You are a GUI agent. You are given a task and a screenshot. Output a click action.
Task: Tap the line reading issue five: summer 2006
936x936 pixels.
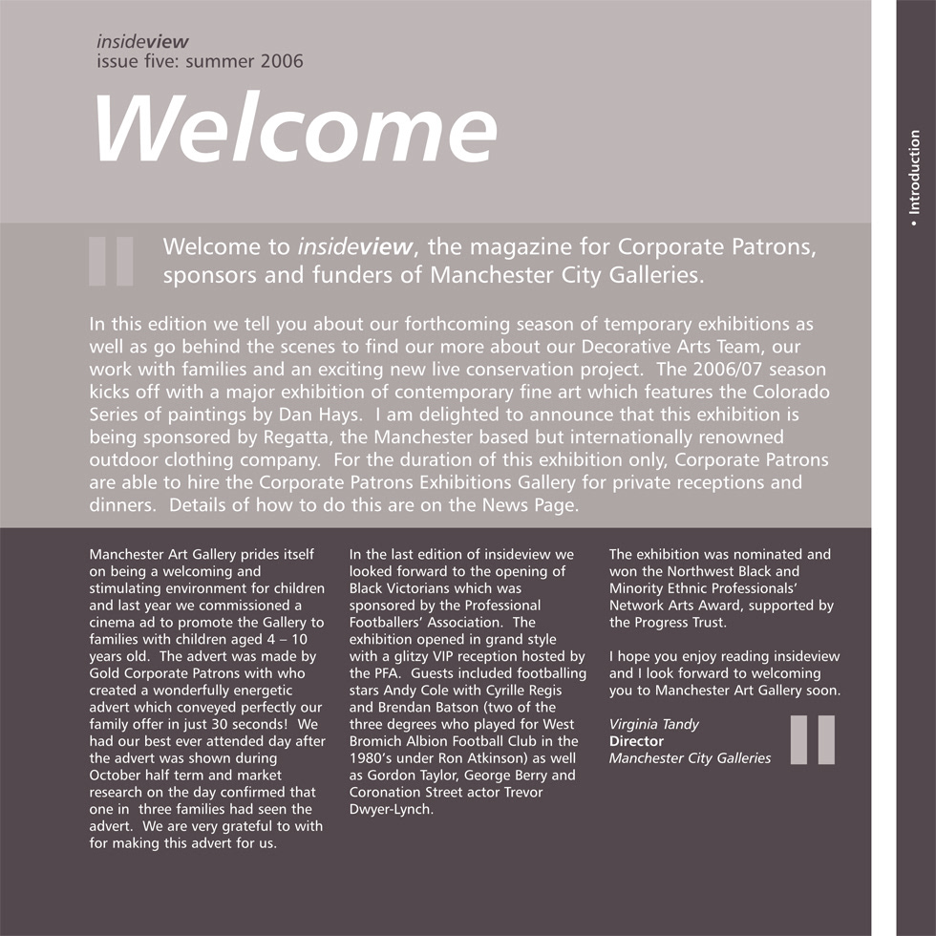coord(200,62)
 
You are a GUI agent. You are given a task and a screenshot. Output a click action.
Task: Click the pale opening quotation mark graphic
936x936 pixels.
coord(111,261)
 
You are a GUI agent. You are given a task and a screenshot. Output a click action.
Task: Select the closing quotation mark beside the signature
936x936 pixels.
coord(813,739)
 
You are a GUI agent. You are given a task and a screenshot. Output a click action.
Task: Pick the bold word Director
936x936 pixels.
coord(636,741)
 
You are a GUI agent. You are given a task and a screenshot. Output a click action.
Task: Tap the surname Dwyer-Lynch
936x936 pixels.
coord(392,810)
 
